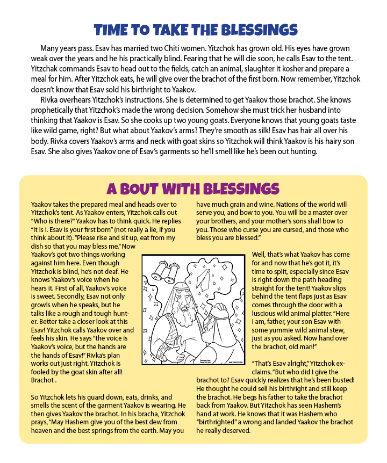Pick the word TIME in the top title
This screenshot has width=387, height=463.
point(112,29)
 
